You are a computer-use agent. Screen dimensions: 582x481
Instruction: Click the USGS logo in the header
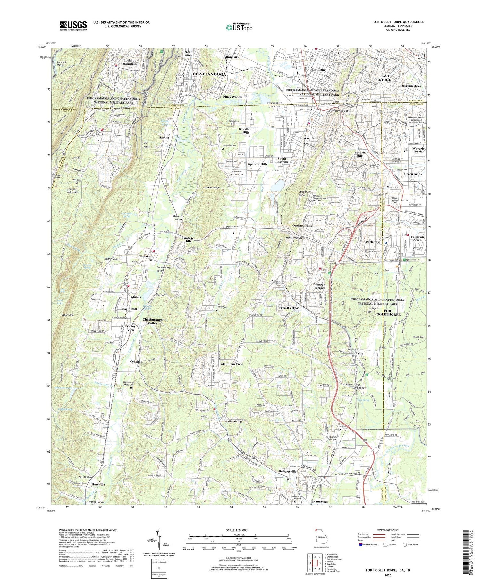pos(73,26)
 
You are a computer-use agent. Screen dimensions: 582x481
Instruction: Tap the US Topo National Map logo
pos(239,27)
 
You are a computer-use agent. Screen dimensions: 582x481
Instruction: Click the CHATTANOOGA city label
pos(210,74)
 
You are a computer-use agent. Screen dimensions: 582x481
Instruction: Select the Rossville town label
pos(307,138)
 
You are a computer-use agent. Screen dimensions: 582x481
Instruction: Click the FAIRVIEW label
pos(290,308)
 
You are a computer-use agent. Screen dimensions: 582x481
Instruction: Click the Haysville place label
pos(98,484)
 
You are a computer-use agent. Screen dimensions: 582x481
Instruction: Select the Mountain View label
pos(232,364)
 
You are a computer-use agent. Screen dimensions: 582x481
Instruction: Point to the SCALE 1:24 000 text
pos(239,530)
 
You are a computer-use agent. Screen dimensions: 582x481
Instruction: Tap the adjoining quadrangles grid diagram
pos(314,561)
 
